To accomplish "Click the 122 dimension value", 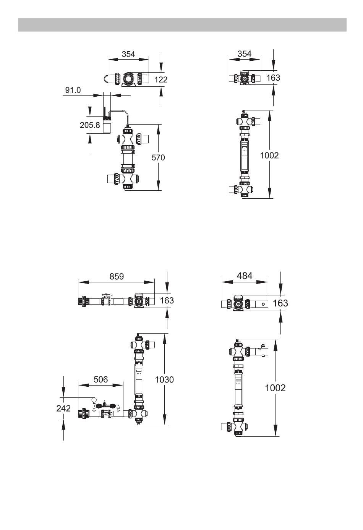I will click(x=161, y=79).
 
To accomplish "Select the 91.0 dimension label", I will click(x=73, y=90).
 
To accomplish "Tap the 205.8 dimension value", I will click(x=89, y=125).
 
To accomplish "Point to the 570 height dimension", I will click(x=158, y=157).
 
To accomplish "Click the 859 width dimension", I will click(x=117, y=276).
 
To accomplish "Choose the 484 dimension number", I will click(x=245, y=276).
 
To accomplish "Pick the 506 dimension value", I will click(x=100, y=379).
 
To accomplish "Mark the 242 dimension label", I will click(x=63, y=408).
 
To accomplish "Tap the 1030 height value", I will click(x=164, y=379).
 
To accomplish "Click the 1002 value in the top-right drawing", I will click(x=269, y=155).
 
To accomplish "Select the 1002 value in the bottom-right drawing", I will click(x=275, y=388).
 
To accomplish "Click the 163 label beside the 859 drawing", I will click(x=167, y=300).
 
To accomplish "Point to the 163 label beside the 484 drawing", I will click(x=280, y=303).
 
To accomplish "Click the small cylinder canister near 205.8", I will click(x=107, y=124).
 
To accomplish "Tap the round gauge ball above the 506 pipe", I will click(x=93, y=400).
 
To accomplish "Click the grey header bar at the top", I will click(x=182, y=25).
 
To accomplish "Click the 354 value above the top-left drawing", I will click(x=128, y=54).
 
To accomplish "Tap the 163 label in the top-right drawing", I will click(x=273, y=78).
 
